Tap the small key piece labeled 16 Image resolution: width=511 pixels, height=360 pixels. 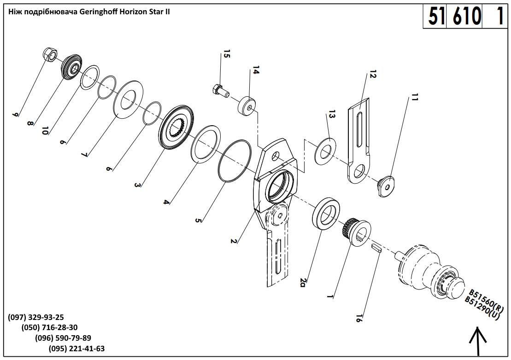376,249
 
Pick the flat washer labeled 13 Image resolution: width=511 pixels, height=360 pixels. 326,150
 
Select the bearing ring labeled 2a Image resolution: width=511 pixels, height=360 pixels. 326,213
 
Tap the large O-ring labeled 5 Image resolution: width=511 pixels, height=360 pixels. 235,162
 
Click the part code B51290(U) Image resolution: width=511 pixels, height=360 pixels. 482,309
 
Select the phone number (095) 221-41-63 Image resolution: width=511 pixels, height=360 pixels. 76,348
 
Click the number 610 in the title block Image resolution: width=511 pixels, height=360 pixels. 466,17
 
